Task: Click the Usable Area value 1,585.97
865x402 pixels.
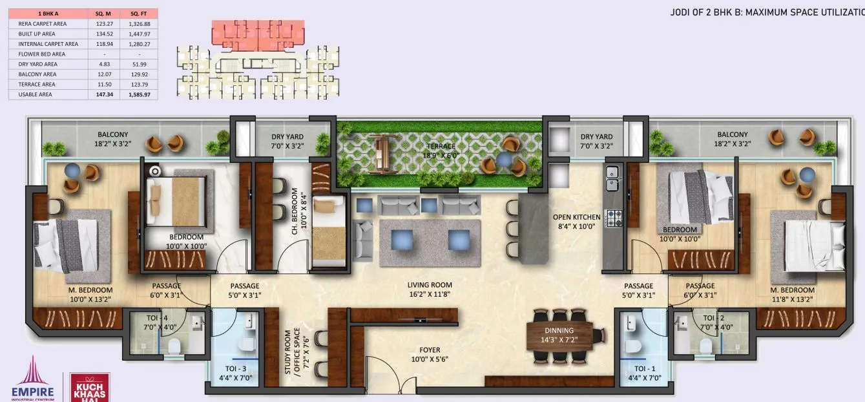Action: pos(139,94)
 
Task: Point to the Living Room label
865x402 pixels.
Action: pos(430,285)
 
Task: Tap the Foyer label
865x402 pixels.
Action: pos(430,350)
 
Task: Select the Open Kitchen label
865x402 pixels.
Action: pos(577,217)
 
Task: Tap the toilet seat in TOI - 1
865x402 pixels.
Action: pos(633,347)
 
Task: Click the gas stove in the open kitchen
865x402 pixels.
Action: pos(612,218)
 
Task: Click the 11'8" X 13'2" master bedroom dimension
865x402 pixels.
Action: pos(793,299)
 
